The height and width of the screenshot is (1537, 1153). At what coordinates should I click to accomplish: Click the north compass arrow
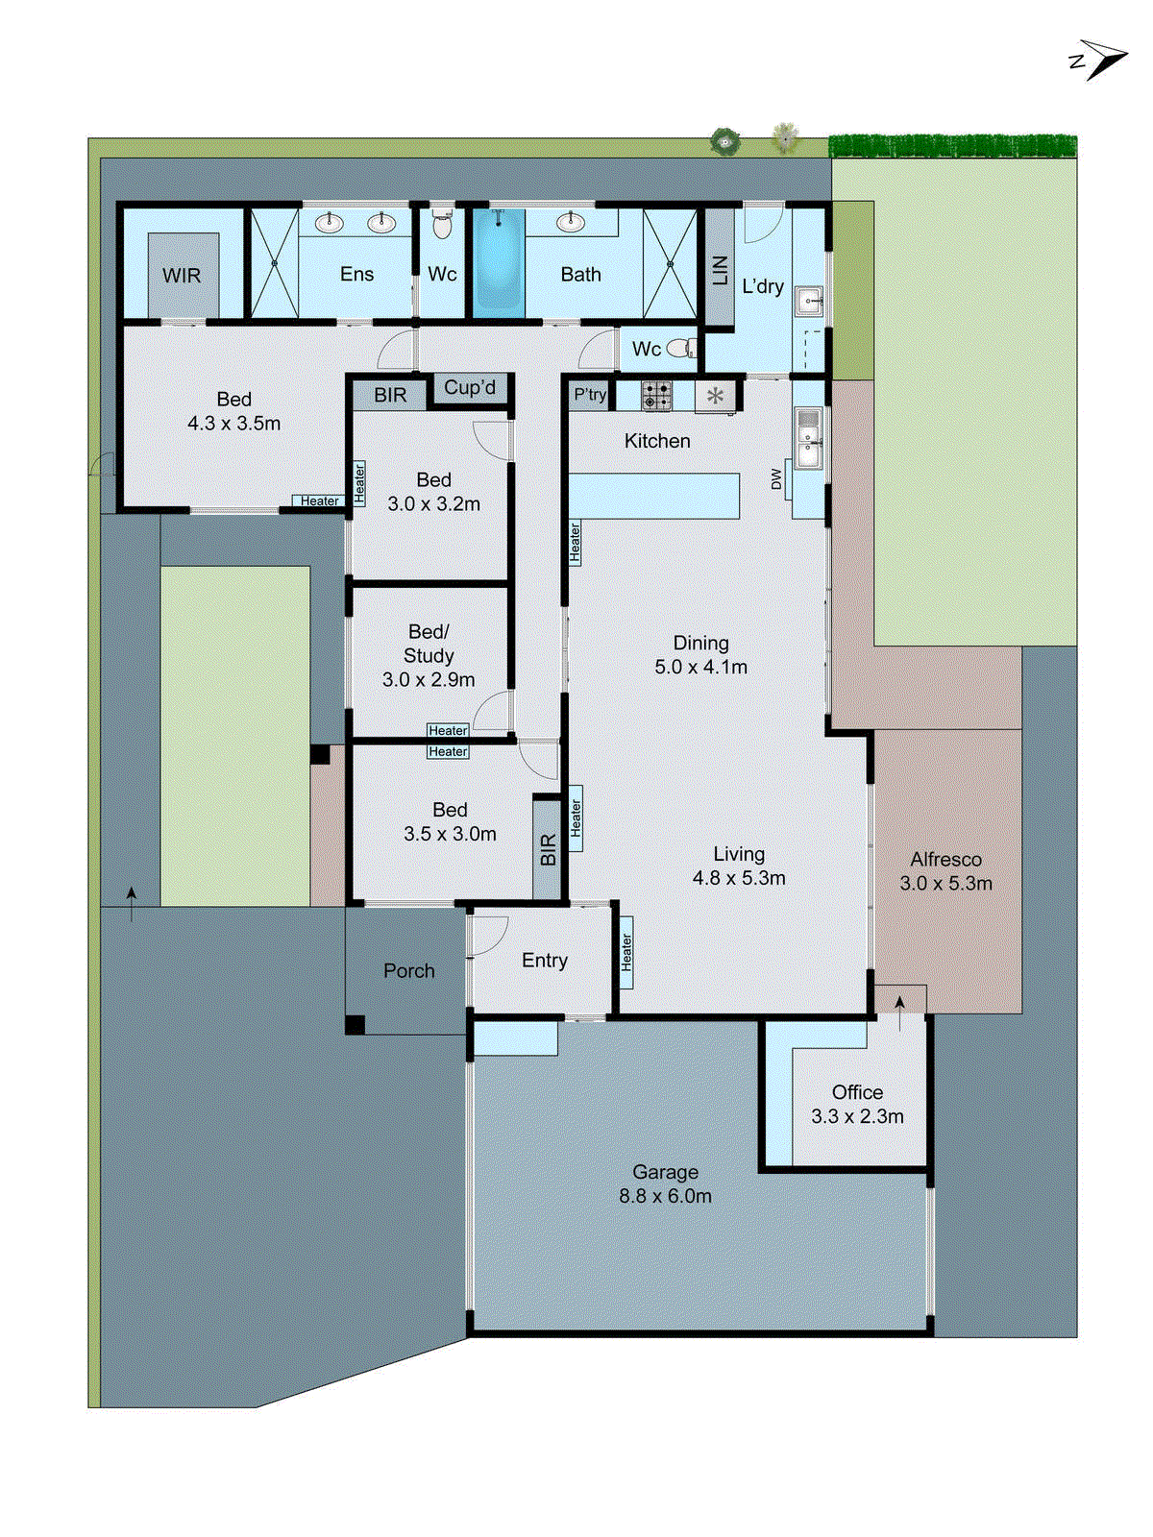click(1103, 60)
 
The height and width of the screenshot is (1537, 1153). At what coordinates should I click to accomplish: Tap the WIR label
click(182, 276)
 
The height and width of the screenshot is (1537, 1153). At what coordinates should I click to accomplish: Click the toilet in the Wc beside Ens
click(442, 226)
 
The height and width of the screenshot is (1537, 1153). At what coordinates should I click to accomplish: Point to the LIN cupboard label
click(720, 271)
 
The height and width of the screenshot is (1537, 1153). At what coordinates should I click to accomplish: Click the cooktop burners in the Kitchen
click(657, 396)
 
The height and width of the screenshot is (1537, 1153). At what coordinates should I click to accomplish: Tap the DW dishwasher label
click(777, 479)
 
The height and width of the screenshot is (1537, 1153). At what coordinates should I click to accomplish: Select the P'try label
click(590, 395)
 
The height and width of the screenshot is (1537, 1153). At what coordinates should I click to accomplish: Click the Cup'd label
click(470, 388)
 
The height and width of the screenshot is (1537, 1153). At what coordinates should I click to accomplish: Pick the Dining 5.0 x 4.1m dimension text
click(700, 668)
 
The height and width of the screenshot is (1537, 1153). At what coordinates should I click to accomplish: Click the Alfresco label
click(945, 860)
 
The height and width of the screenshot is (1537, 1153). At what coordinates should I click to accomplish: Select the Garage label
click(665, 1172)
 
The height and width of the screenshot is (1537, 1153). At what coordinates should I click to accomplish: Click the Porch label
click(408, 971)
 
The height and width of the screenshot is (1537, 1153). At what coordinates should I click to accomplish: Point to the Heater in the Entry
click(626, 952)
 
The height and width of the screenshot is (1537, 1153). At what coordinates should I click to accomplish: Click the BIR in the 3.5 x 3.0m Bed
click(548, 849)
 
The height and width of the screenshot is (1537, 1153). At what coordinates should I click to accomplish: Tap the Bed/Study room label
click(429, 644)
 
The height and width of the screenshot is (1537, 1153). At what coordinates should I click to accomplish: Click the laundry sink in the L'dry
click(809, 302)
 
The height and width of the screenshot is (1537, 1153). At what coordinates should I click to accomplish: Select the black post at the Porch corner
click(355, 1025)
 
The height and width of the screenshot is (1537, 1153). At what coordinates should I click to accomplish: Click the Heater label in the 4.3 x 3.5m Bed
click(319, 501)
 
